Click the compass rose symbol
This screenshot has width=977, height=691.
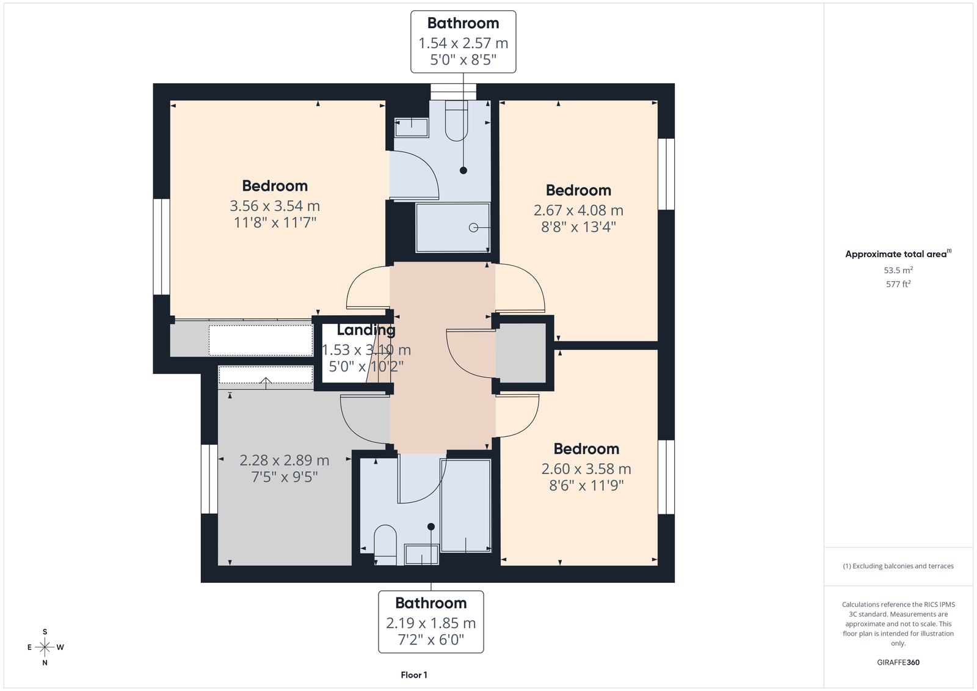[45, 647]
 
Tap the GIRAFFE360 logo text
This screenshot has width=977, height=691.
[898, 662]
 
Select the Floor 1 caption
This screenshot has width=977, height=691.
[414, 675]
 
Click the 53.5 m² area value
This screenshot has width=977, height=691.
[898, 270]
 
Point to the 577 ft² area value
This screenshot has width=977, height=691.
[898, 284]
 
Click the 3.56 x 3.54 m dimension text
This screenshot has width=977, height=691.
[275, 206]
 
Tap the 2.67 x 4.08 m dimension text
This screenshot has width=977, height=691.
[578, 210]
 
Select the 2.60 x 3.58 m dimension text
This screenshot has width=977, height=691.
[586, 469]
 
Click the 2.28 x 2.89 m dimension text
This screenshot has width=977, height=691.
[285, 461]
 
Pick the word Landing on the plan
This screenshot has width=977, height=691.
[366, 330]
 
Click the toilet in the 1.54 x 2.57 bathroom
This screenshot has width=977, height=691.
[456, 121]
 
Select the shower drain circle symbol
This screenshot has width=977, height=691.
[473, 227]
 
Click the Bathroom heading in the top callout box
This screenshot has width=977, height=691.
[463, 23]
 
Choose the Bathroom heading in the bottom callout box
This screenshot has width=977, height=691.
[431, 603]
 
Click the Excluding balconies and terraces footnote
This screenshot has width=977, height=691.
[898, 566]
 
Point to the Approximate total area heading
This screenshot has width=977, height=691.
[898, 254]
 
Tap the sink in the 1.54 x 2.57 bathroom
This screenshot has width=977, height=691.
[412, 128]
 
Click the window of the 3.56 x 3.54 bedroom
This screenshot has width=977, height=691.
[161, 247]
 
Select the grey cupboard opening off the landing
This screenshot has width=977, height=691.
[521, 353]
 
